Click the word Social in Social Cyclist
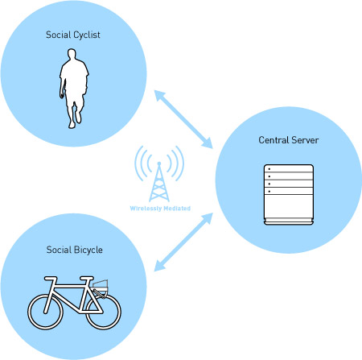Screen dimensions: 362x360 coord(58,35)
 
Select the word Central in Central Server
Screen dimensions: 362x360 coord(274,140)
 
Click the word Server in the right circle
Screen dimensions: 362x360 coord(305,140)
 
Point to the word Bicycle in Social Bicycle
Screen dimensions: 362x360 coord(88,250)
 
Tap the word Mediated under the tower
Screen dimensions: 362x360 coord(177,209)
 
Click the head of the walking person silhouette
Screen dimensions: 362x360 coord(72,53)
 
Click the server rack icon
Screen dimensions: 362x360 coord(289,194)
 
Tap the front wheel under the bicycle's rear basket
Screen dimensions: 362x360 coord(104,312)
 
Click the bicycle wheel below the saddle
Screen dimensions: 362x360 coord(45,312)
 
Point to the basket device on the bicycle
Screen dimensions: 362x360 coord(101,286)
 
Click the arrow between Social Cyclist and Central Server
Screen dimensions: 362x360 coord(183,119)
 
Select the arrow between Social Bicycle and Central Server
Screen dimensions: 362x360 coord(183,242)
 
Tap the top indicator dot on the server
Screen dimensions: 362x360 coord(269,169)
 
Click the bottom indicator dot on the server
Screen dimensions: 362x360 coord(269,192)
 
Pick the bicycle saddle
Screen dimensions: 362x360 coord(51,279)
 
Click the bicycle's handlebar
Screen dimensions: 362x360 coord(87,279)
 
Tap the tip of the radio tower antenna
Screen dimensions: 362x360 coord(159,163)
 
